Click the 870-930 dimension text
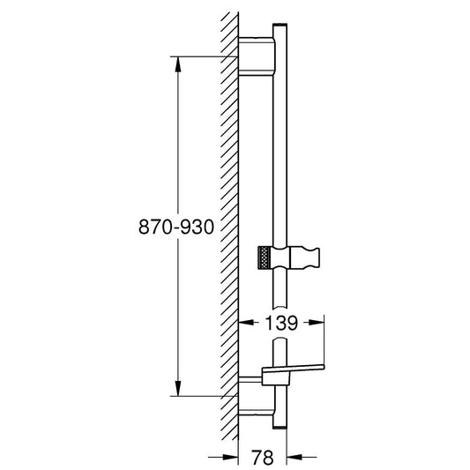click(176, 227)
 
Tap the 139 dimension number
click(281, 323)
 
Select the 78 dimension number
click(262, 458)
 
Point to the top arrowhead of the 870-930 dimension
click(178, 64)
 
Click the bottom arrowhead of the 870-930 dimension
click(178, 388)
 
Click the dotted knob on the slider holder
click(265, 257)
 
